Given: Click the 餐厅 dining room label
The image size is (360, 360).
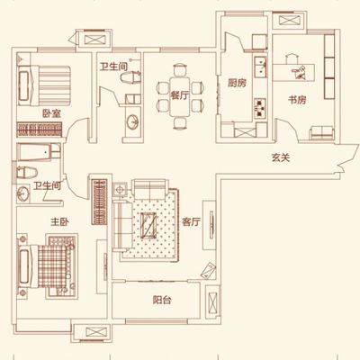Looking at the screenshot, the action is [x=179, y=95].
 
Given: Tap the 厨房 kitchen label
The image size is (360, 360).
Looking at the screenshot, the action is [x=237, y=83].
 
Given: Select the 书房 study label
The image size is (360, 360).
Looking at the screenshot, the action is [x=297, y=100].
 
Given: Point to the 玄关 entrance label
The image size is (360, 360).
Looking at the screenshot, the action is [x=281, y=157].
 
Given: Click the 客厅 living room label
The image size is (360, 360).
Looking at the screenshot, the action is [x=191, y=222].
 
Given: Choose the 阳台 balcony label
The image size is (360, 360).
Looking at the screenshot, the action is [x=162, y=300].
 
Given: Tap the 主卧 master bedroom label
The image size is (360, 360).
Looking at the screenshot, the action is [x=59, y=222].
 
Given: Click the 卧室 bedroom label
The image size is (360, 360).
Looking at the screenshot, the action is [x=51, y=113].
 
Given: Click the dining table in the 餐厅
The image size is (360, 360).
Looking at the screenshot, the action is [x=179, y=96].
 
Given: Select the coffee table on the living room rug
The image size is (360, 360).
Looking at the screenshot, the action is [x=149, y=225].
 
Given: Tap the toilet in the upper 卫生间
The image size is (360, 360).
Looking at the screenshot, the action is [x=130, y=77].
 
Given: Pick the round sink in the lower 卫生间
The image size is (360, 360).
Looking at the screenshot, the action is [x=23, y=193].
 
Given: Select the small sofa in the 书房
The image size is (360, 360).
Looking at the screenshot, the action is [x=321, y=132].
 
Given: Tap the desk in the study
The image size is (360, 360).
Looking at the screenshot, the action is [x=293, y=72].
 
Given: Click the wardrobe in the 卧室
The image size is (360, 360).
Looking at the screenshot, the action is [x=40, y=130].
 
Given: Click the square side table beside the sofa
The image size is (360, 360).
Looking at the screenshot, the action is [x=120, y=189].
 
